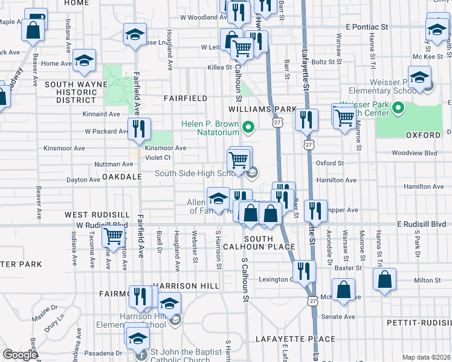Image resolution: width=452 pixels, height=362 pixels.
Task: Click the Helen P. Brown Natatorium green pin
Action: (x=248, y=127)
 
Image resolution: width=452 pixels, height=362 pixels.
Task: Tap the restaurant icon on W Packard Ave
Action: (x=139, y=129)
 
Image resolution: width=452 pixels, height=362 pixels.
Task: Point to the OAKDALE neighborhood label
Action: (x=121, y=177)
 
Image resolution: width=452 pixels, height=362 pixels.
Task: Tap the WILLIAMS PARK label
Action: (x=262, y=109)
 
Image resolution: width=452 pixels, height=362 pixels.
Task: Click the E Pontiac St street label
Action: (x=366, y=27)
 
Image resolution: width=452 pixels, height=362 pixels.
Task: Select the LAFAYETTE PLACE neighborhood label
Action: (x=295, y=339)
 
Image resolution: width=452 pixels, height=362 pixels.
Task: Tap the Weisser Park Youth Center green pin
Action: (x=398, y=109)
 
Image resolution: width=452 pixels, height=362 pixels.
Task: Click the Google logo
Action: (x=20, y=355)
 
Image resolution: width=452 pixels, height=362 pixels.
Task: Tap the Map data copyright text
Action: (x=426, y=357)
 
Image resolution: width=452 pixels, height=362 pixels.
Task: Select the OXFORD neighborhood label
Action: (x=424, y=135)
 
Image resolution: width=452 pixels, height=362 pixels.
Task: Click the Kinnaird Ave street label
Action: (x=102, y=113)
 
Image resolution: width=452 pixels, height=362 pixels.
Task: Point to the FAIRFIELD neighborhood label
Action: (x=186, y=98)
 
